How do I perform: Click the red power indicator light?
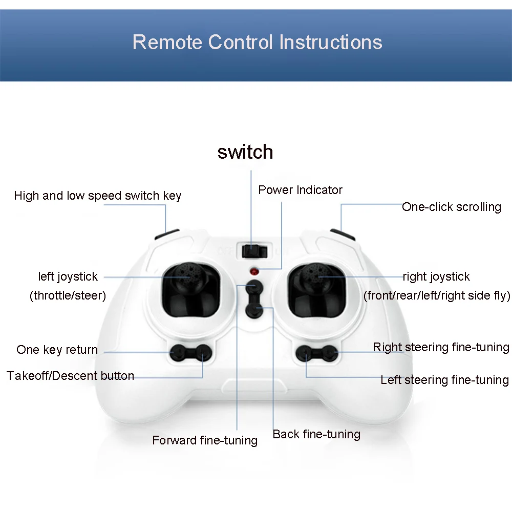(254, 271)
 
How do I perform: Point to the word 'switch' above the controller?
(245, 152)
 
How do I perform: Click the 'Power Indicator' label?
(301, 190)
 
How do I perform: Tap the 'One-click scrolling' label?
(452, 207)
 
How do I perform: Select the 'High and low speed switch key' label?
(98, 196)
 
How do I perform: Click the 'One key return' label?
(57, 350)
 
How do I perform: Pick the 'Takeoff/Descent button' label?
(70, 376)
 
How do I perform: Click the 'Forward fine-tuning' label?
(205, 440)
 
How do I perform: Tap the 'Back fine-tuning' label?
(316, 434)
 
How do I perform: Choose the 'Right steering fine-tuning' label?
(441, 347)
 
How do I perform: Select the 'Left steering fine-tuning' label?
(445, 380)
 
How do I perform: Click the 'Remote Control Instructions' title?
(258, 42)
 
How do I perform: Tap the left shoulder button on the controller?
(166, 234)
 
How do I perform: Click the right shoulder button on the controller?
(343, 234)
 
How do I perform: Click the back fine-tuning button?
(254, 310)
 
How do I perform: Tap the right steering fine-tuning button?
(329, 353)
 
